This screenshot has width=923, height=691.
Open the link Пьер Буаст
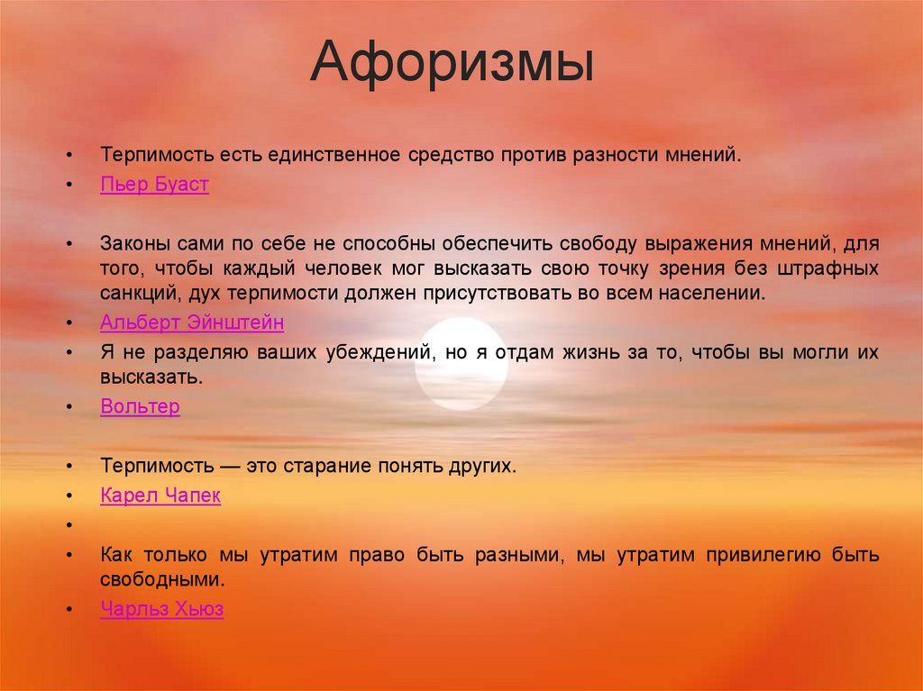tap(154, 185)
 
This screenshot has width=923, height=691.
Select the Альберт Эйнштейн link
tap(192, 322)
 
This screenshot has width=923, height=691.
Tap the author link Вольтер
tap(140, 406)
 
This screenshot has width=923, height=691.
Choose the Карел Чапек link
tap(160, 496)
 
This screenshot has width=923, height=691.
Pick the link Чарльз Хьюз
tap(162, 609)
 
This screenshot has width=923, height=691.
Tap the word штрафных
tap(835, 268)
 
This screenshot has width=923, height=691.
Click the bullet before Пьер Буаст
tap(69, 186)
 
